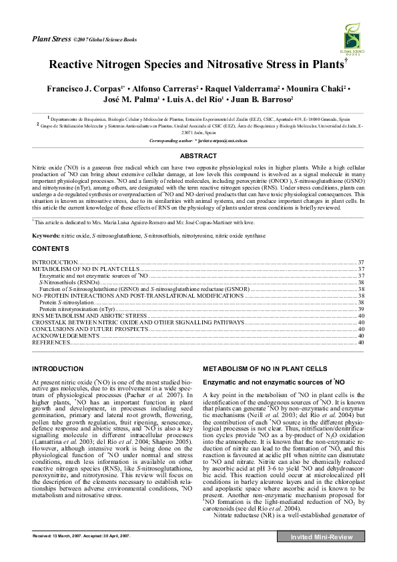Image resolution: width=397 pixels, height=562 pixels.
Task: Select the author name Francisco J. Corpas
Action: click(73, 88)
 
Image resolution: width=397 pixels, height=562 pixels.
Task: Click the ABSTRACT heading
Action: click(198, 156)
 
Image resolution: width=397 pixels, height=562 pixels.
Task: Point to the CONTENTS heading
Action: click(51, 248)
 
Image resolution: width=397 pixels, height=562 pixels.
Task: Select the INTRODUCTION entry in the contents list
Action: click(55, 262)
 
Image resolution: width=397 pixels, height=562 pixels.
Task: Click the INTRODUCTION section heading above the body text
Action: click(59, 368)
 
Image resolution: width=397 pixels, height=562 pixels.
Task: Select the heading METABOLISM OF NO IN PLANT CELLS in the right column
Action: click(265, 368)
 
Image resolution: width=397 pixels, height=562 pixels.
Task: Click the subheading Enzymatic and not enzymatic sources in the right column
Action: click(273, 381)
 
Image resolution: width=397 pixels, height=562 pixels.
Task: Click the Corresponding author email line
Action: click(198, 142)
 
